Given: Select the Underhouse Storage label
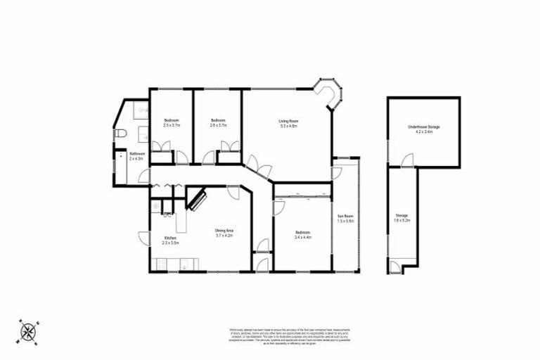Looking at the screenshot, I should click(x=423, y=127).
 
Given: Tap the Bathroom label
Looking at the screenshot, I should click(x=136, y=154).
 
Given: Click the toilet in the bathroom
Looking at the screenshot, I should click(x=120, y=134).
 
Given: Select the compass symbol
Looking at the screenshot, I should click(x=28, y=330).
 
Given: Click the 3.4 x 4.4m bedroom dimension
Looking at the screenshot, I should click(x=303, y=237).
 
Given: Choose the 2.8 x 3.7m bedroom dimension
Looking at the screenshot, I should click(x=218, y=125).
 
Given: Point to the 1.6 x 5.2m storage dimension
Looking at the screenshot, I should click(x=401, y=220).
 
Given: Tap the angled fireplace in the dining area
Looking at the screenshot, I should click(x=196, y=198).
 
